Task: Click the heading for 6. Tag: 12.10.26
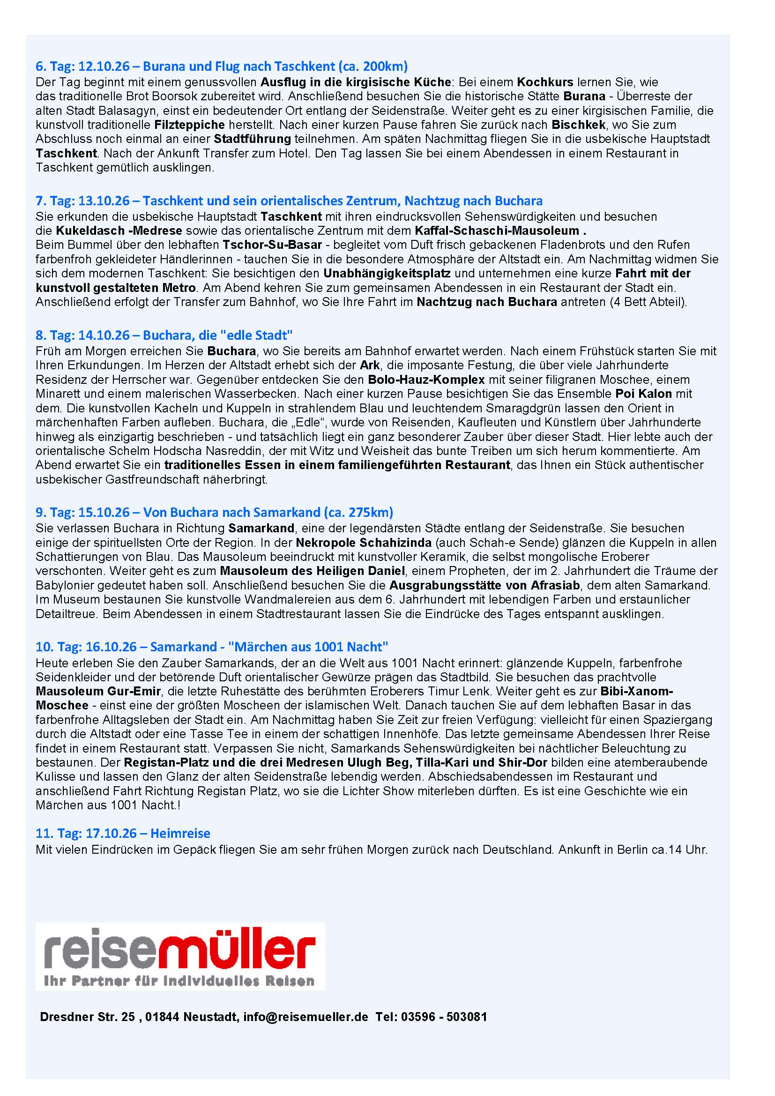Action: pos(222,66)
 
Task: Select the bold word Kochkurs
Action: pos(545,82)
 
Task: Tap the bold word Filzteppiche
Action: pos(189,125)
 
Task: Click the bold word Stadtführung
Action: pos(252,139)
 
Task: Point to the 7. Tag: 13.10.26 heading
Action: pos(289,201)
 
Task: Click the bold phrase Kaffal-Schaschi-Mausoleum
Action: pos(497,231)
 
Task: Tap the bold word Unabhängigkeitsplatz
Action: pos(387,274)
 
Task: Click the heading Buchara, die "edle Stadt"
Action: pos(164,335)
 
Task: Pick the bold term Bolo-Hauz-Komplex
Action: pos(426,380)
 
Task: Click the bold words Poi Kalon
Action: pos(643,394)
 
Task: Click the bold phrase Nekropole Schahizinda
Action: pos(364,542)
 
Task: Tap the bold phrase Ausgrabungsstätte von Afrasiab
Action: pos(484,585)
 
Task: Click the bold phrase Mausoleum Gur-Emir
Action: pos(98,691)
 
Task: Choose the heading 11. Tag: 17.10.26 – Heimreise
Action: pos(123,833)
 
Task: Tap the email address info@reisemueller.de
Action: pos(306,1017)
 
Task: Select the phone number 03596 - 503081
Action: pos(444,1017)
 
